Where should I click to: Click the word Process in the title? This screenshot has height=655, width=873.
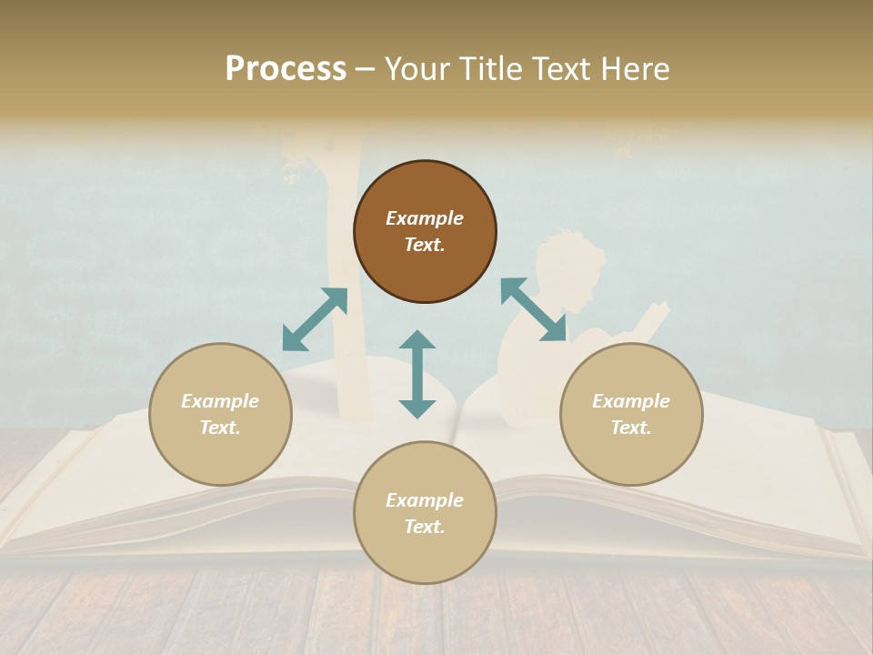coord(286,69)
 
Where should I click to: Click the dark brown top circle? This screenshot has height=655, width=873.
coord(425,231)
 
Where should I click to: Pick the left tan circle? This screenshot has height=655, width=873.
coord(220,414)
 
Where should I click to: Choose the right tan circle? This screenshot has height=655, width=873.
coord(631,414)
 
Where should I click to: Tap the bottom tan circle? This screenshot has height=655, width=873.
coord(425,513)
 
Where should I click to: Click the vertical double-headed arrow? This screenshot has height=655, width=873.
coord(417,374)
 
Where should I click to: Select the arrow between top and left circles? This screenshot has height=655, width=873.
coord(315,318)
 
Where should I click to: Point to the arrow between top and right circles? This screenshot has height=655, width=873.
coord(533,310)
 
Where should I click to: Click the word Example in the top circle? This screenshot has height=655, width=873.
coord(425,218)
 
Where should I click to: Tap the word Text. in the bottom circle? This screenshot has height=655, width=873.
coord(425,527)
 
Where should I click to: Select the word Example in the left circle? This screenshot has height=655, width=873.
coord(220,401)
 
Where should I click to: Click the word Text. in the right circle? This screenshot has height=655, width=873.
coord(631,428)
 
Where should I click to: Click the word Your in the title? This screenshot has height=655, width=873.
coord(415,69)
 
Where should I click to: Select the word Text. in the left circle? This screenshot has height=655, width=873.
coord(220,428)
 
